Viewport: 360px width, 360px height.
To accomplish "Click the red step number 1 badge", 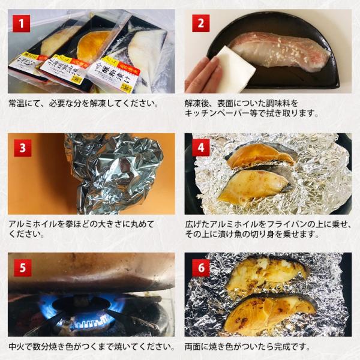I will point(22,25).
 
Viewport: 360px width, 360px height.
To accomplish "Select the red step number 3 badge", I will point(22,148).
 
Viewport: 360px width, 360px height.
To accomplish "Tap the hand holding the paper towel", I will point(202,75).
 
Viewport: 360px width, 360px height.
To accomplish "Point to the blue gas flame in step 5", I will point(90,321).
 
